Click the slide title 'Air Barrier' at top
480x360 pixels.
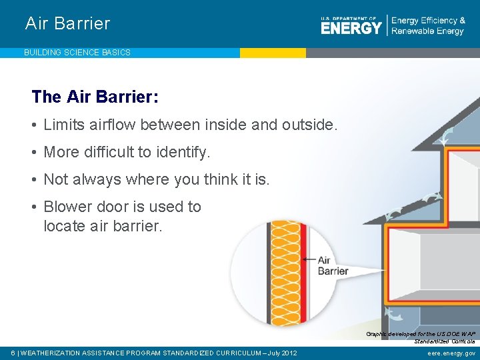tap(67, 24)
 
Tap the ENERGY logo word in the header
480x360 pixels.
tap(351, 27)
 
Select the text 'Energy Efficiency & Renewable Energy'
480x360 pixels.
tap(428, 26)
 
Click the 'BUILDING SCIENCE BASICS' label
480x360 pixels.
tap(77, 52)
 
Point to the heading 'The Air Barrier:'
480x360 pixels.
tap(95, 97)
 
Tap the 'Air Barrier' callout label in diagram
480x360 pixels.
tap(333, 265)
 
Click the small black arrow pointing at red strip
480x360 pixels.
tap(308, 260)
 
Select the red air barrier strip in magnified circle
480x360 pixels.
tap(302, 280)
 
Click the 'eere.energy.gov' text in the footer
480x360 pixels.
tap(451, 353)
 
